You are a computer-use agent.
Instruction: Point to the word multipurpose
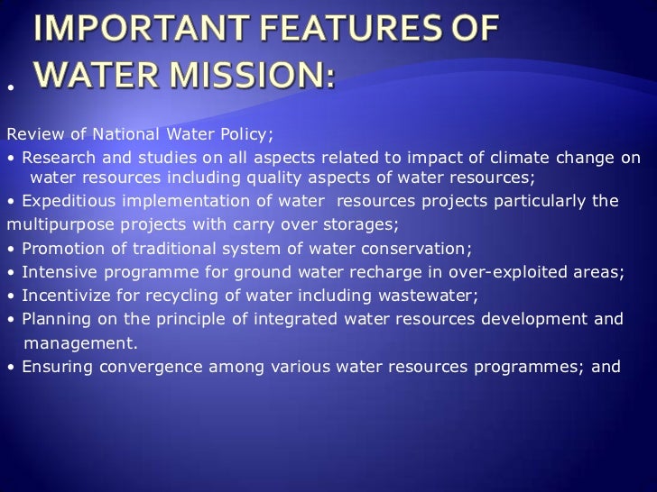(x=53, y=223)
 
